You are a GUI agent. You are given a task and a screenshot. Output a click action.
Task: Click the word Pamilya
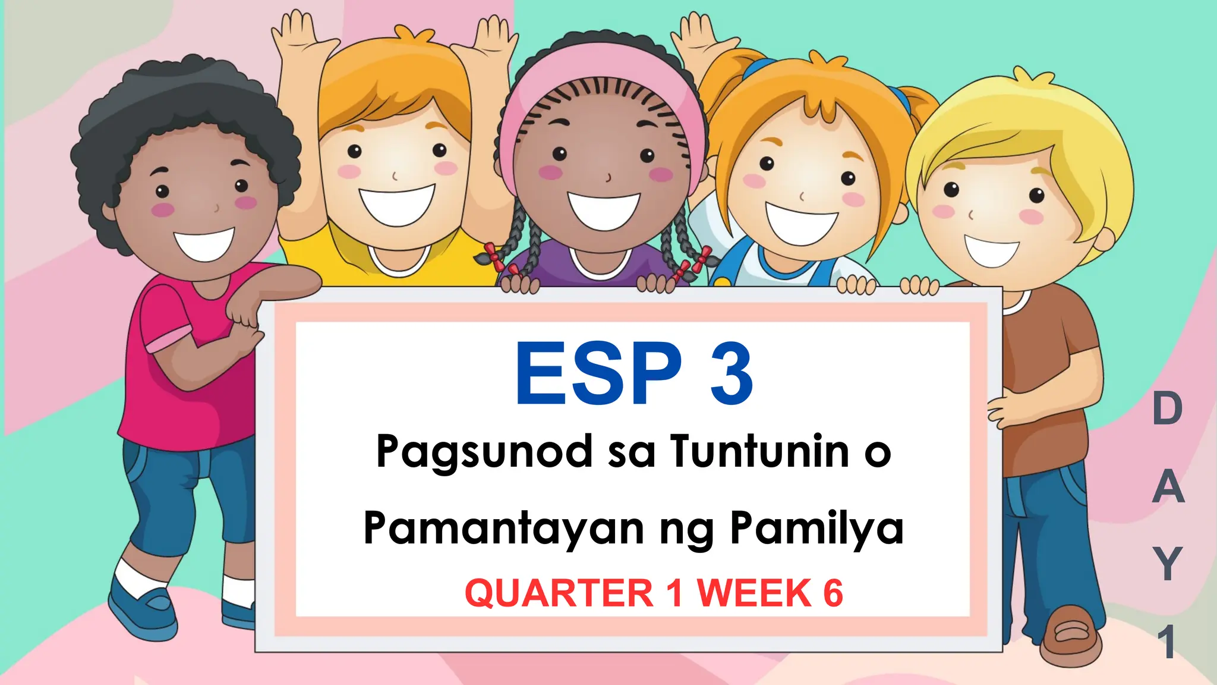[x=816, y=527]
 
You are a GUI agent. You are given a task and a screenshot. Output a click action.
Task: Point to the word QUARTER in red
[x=559, y=593]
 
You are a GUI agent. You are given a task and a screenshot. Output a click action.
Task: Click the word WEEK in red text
[x=754, y=593]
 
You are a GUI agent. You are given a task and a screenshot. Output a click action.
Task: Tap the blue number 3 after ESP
[x=732, y=375]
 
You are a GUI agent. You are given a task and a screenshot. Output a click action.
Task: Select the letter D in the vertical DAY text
[x=1167, y=409]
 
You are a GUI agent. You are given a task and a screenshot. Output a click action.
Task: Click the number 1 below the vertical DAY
[x=1168, y=642]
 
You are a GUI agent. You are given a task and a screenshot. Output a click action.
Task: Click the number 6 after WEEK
[x=833, y=593]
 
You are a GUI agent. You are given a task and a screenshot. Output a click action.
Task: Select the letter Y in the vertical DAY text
[x=1168, y=564]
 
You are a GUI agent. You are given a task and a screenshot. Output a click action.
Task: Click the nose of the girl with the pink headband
[x=607, y=177]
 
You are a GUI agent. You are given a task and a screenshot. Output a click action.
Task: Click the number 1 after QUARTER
[x=674, y=593]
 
